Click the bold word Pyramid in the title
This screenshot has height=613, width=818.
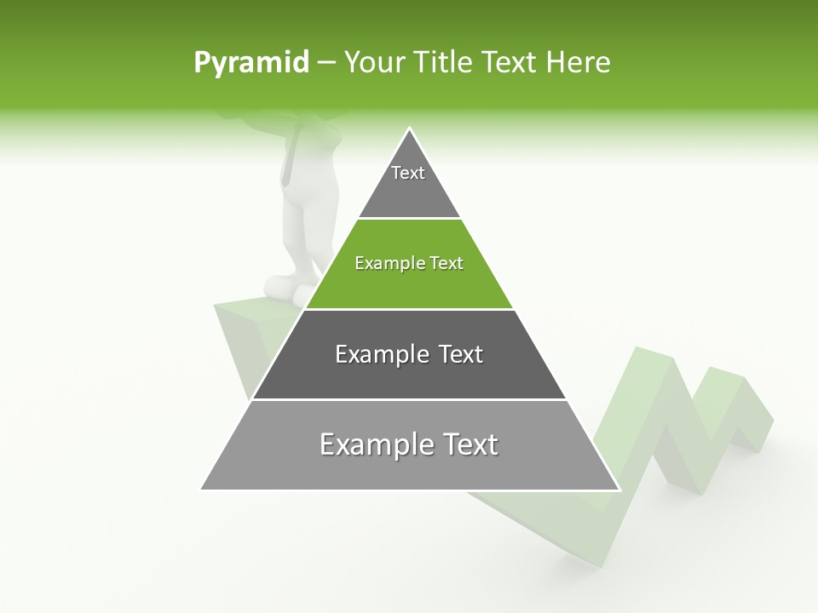click(251, 63)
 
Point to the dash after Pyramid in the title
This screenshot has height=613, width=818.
click(326, 63)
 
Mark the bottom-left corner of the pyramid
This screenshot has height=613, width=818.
click(202, 490)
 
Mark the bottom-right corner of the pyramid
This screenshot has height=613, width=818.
click(619, 490)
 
